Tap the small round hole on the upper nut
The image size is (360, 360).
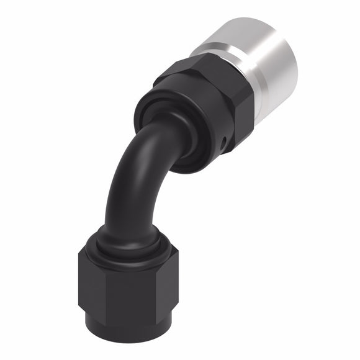click(x=223, y=144)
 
